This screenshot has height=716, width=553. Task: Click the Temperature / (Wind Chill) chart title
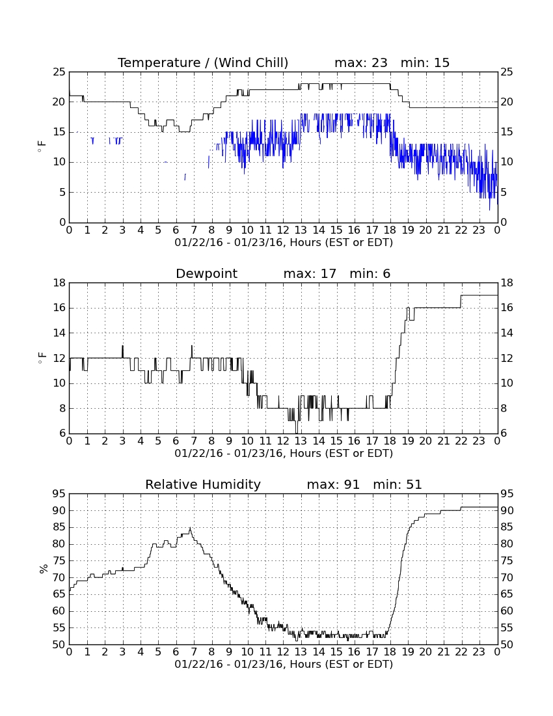tap(203, 62)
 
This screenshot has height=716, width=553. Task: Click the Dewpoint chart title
tap(207, 273)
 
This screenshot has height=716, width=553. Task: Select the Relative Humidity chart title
tap(203, 484)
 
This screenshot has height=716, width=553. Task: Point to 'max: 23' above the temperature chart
tap(361, 62)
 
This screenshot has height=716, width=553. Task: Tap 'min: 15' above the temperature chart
tap(425, 62)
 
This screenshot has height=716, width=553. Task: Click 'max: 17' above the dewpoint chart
tap(310, 273)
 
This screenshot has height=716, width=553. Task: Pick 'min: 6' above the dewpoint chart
tap(370, 273)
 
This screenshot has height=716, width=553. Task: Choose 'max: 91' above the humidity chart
tap(333, 484)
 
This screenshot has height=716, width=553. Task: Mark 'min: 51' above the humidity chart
tap(398, 484)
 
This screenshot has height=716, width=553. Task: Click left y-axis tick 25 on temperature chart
tap(59, 72)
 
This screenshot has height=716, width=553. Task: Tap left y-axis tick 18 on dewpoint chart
tap(59, 283)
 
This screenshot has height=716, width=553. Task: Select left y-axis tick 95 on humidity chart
tap(59, 493)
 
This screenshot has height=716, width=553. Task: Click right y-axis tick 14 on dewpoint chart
tap(507, 333)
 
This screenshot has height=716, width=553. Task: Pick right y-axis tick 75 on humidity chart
tap(507, 560)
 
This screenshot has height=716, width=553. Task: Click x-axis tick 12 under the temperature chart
tap(283, 230)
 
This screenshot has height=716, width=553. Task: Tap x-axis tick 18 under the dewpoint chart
tap(390, 441)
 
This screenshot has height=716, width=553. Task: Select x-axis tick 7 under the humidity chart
tap(194, 652)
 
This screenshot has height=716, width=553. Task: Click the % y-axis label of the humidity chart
tap(44, 569)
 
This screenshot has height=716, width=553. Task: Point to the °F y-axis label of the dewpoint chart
tap(42, 358)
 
